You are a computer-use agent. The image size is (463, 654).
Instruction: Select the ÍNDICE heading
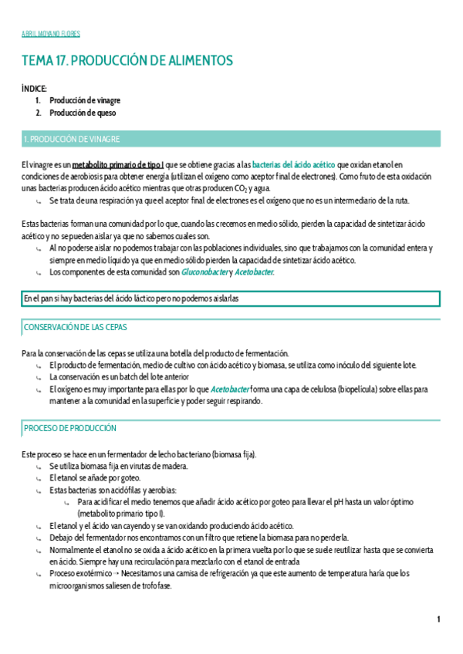pyautogui.click(x=34, y=89)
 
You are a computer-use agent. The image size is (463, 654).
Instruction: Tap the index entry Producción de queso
pyautogui.click(x=83, y=113)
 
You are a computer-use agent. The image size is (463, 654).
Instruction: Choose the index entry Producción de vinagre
pyautogui.click(x=85, y=100)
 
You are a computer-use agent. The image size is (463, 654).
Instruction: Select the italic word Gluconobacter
pyautogui.click(x=204, y=272)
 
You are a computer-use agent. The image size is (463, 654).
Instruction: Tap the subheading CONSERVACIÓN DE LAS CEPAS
pyautogui.click(x=76, y=328)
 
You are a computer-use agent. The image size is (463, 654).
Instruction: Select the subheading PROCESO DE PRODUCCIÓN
pyautogui.click(x=70, y=428)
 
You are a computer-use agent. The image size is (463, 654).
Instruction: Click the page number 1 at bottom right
pyautogui.click(x=438, y=619)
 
